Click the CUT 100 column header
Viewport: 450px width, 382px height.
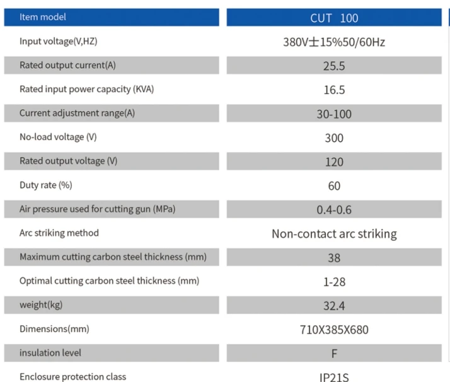[334, 18]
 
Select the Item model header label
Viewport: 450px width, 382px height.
[43, 17]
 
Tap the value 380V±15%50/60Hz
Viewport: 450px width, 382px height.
[334, 42]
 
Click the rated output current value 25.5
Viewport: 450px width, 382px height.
[334, 66]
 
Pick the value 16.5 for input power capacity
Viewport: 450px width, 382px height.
[334, 90]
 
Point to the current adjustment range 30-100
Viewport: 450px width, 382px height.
[334, 114]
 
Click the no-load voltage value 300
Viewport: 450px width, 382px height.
[334, 138]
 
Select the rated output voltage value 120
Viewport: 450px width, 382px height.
[334, 162]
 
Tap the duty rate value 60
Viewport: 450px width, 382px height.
[334, 186]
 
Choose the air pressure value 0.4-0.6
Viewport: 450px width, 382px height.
[334, 210]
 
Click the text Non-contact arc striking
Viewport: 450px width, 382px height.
[334, 234]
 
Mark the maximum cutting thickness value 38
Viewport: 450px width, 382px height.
[334, 258]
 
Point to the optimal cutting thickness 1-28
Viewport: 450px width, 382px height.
[334, 282]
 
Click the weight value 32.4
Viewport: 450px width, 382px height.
[334, 306]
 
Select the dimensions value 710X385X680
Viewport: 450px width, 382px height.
[334, 330]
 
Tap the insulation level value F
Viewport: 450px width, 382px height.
[334, 354]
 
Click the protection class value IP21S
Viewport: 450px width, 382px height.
[334, 378]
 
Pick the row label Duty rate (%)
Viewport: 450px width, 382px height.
[46, 185]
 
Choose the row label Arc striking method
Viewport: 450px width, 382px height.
[59, 233]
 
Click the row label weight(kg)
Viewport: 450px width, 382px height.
[41, 305]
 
